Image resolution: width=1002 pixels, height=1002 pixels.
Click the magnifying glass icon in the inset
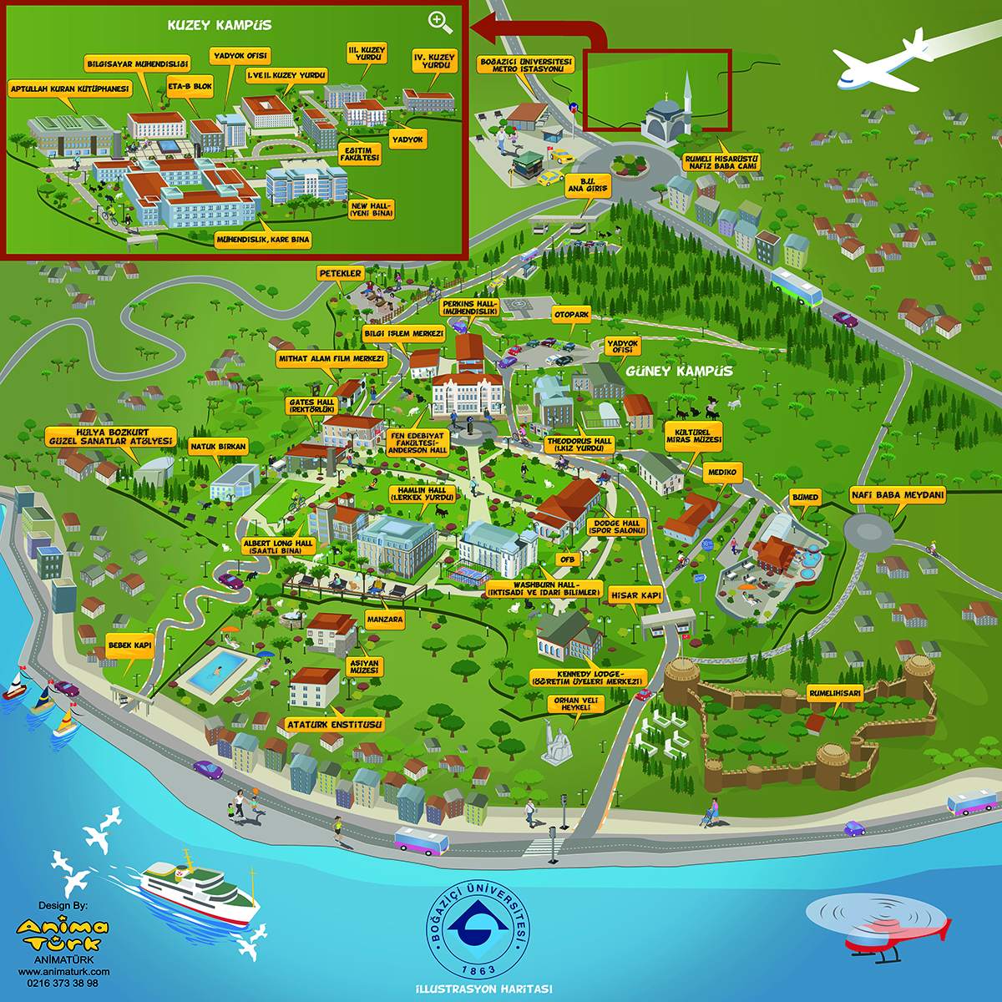440,23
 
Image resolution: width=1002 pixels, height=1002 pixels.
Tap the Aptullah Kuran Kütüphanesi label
70,88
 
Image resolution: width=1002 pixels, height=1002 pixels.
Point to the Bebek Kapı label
130,645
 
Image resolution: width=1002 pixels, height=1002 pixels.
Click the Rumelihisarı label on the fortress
834,693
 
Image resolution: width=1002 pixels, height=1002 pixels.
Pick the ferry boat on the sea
197,889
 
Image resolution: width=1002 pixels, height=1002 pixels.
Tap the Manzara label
385,620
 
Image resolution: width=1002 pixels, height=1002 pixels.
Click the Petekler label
341,273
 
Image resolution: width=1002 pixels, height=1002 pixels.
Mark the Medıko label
722,473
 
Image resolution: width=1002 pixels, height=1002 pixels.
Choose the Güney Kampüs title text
691,371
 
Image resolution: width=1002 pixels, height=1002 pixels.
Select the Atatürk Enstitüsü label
334,724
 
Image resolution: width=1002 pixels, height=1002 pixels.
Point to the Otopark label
571,315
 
